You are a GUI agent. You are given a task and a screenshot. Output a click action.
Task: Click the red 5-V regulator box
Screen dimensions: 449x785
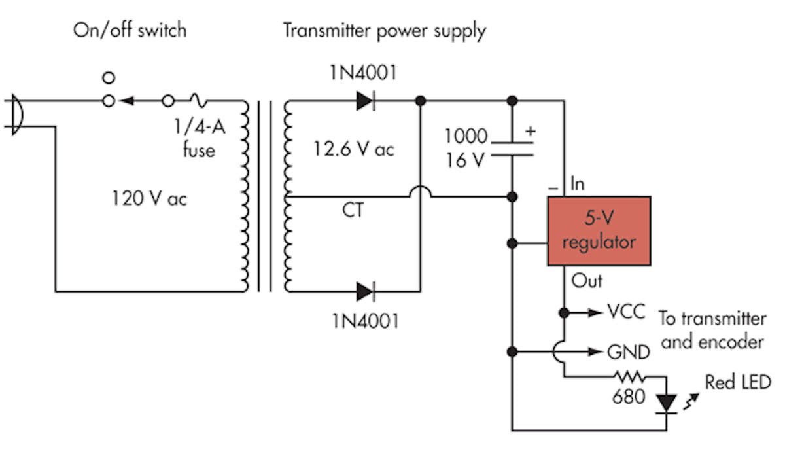(x=599, y=231)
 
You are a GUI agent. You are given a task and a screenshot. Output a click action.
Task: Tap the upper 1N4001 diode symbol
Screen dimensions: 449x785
(x=366, y=101)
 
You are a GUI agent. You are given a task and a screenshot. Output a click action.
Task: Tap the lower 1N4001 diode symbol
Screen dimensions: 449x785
(x=366, y=291)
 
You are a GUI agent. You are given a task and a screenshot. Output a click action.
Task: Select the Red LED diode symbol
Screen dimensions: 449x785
(x=667, y=402)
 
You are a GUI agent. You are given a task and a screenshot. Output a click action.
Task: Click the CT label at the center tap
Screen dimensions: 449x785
(x=354, y=211)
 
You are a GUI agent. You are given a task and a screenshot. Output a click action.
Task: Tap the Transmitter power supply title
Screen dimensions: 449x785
(x=384, y=30)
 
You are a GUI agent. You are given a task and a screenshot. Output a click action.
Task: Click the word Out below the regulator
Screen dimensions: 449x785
(x=587, y=281)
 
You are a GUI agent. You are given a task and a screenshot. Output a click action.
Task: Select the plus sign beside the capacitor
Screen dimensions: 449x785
(x=531, y=130)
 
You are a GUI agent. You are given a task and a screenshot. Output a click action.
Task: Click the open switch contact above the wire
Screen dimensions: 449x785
(x=109, y=78)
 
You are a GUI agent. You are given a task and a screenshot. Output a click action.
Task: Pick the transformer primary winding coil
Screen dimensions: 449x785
(x=245, y=196)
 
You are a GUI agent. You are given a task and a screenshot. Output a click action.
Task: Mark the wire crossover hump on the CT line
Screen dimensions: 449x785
(x=420, y=191)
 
